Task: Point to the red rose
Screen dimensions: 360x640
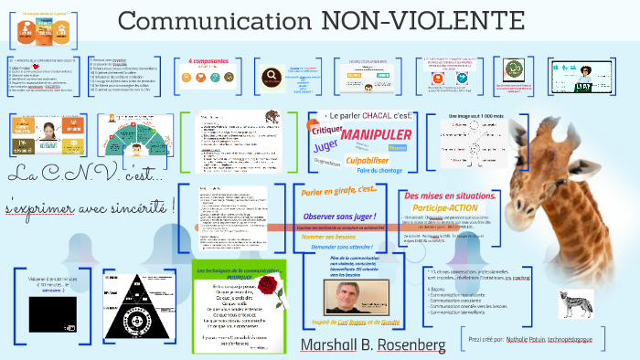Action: tap(267, 291)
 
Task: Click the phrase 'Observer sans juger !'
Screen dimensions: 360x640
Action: tap(339, 216)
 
